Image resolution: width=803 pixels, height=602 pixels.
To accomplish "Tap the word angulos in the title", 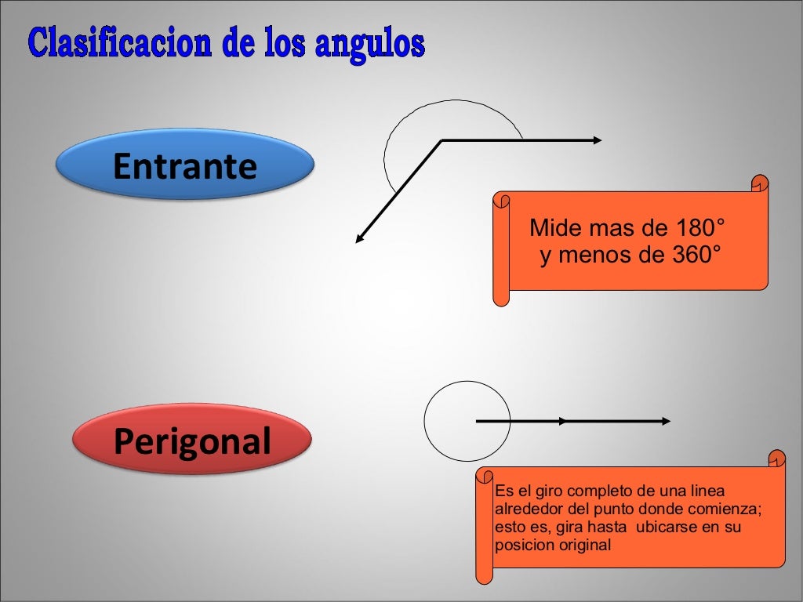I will point(370,45).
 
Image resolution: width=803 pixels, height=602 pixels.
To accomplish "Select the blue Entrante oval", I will point(185,165).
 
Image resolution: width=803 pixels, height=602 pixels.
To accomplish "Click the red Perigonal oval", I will point(192,441).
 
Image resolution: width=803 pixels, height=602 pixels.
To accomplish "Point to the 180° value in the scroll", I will point(697,229).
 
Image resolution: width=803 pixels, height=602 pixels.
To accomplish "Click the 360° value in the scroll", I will point(692,256).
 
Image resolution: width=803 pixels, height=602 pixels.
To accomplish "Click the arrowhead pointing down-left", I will point(360,238).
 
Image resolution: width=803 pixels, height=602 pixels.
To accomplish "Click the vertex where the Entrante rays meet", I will point(442,141).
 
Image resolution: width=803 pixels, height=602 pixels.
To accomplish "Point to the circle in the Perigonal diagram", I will point(467,421).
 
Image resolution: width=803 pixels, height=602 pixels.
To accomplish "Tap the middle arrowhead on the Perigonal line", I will point(562,421).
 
